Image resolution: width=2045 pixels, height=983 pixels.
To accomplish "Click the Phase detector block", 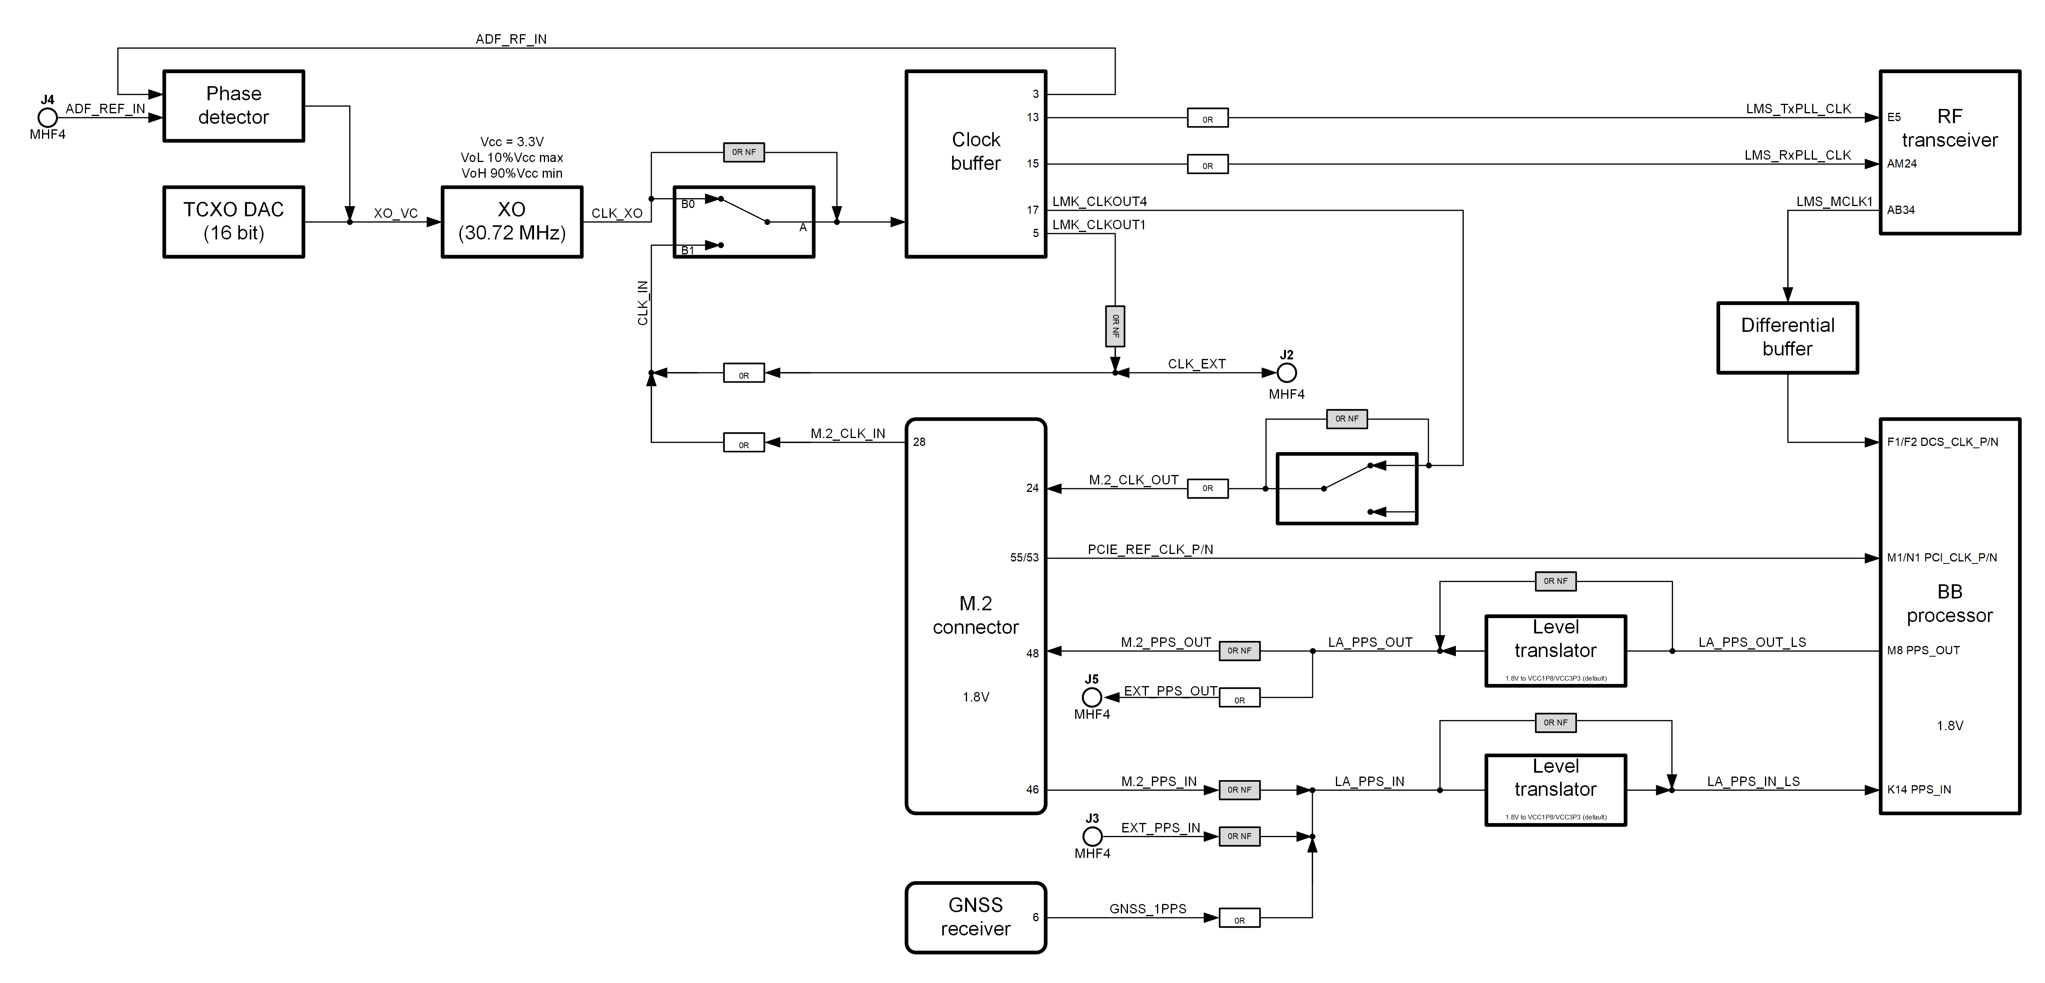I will (x=233, y=106).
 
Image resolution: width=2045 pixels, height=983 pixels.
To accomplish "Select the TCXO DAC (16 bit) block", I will (x=233, y=221).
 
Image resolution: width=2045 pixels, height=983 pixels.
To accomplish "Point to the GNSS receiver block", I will (x=976, y=917).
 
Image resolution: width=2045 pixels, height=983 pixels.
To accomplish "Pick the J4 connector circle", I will (x=48, y=118).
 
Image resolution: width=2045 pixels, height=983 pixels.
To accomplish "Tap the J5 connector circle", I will (x=1093, y=697).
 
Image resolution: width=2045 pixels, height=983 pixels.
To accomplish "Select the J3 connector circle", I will (x=1093, y=836).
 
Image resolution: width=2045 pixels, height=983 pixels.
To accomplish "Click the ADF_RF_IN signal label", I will (x=511, y=39).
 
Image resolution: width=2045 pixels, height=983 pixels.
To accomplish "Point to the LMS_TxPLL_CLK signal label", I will (x=1798, y=109).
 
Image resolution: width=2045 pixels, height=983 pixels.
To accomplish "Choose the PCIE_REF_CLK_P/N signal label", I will (x=1150, y=549).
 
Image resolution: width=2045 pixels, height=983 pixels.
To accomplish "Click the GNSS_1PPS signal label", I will (x=1148, y=908).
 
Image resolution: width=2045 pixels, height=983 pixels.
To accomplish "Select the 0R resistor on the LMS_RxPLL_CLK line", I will (x=1207, y=165).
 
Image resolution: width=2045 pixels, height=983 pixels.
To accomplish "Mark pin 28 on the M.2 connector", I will (x=919, y=442).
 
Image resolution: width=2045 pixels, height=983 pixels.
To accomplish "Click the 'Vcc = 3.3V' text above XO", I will (x=512, y=141).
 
